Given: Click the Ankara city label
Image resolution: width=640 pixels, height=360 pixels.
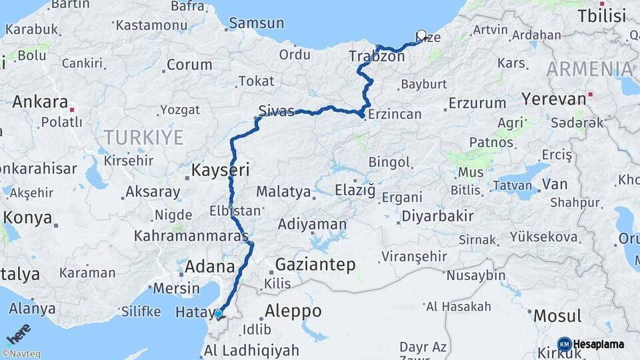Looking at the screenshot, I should [x=40, y=103].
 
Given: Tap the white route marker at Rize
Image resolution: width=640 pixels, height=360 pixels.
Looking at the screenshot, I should [x=421, y=35].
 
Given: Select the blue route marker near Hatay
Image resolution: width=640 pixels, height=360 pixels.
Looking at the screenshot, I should [x=218, y=313].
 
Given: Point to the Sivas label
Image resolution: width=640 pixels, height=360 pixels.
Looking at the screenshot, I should [x=277, y=111].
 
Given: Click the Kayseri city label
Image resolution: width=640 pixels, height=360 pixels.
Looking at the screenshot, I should [x=220, y=171].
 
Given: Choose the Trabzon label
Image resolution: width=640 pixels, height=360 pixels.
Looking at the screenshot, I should [x=377, y=57].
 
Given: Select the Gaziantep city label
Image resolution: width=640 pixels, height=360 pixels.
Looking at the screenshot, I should [x=315, y=265].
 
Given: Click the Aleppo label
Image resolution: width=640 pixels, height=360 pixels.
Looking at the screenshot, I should [x=293, y=311].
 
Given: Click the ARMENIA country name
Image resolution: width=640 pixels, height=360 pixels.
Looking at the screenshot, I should [x=590, y=69].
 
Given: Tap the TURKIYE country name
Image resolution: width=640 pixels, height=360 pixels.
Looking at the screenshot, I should [x=143, y=138].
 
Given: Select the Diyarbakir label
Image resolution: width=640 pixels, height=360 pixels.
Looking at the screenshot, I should [x=437, y=216].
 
